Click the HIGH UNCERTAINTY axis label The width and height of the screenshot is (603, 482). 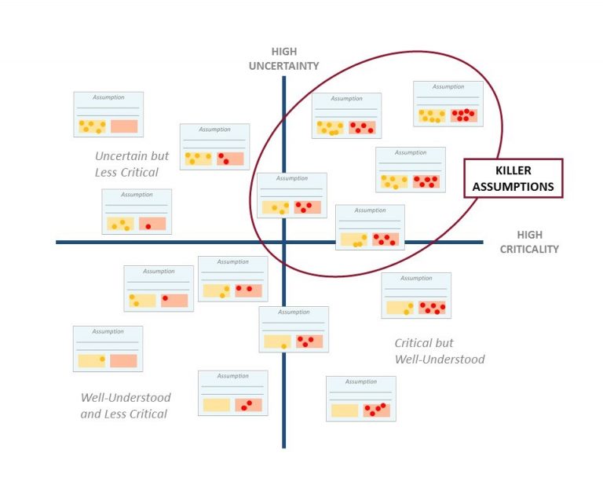[x=283, y=59]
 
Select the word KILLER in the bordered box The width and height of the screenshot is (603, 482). [x=513, y=171]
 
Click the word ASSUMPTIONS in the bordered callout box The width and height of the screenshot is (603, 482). [x=513, y=187]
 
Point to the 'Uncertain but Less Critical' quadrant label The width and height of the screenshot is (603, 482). [x=131, y=164]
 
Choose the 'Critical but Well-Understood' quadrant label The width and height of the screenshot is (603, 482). [x=439, y=351]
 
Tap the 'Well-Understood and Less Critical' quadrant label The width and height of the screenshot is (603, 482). [x=125, y=405]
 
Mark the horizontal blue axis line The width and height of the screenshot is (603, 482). [x=157, y=242]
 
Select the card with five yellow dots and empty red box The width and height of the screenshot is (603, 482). [x=108, y=115]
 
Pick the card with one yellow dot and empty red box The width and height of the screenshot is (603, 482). [x=108, y=349]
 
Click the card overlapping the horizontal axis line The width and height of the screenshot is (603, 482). [x=370, y=228]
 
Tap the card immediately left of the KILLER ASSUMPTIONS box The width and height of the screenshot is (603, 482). [x=410, y=170]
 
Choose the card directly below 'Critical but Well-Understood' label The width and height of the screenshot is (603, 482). [x=360, y=399]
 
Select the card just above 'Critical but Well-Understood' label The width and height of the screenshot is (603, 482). [x=416, y=295]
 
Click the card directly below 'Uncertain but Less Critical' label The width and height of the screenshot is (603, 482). [x=137, y=211]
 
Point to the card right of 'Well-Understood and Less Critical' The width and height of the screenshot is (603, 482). [x=232, y=393]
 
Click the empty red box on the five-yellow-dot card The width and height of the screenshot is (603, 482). [x=124, y=126]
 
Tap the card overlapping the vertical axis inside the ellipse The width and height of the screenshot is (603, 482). [x=292, y=195]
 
